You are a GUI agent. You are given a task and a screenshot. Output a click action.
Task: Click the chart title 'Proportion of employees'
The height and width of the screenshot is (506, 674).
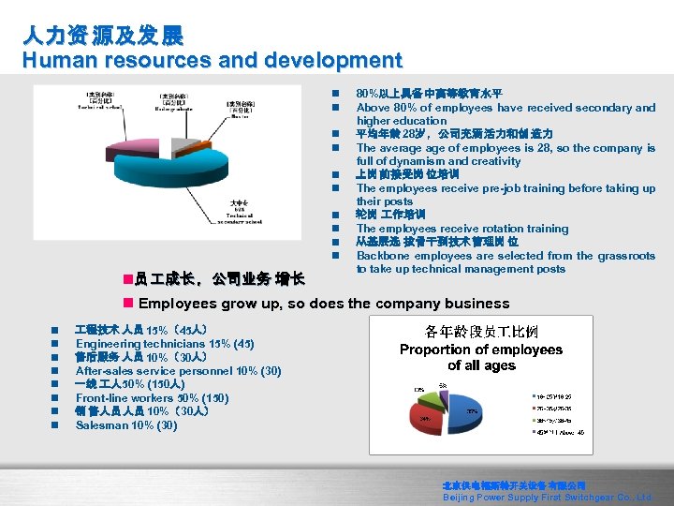point(481,350)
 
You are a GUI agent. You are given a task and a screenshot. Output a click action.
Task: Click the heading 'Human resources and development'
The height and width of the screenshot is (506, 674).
point(212,61)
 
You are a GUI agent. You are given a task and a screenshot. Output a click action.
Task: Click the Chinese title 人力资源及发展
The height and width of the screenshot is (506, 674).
point(104,36)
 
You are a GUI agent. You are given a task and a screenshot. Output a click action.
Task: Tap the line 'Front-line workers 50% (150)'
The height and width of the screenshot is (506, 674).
point(152,398)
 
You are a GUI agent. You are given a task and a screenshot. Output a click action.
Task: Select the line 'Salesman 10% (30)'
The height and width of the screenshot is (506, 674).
point(126,425)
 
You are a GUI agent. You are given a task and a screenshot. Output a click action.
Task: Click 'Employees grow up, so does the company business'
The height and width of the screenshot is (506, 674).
point(323,304)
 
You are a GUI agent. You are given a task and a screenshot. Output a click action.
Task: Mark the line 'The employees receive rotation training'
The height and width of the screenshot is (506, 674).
point(462,229)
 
